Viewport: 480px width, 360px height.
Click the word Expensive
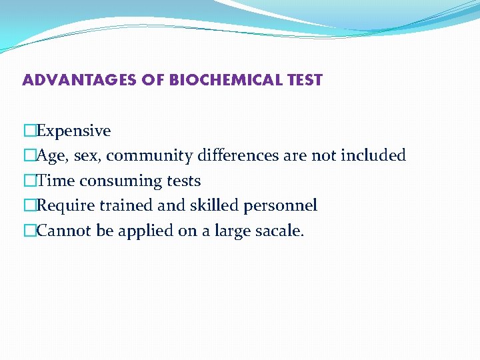pyautogui.click(x=73, y=131)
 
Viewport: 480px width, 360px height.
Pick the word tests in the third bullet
pyautogui.click(x=182, y=181)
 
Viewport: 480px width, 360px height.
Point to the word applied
pyautogui.click(x=137, y=231)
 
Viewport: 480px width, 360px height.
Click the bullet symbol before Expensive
pyautogui.click(x=29, y=131)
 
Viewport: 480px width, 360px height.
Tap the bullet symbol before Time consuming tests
pyautogui.click(x=29, y=181)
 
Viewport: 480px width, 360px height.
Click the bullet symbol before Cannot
pyautogui.click(x=29, y=231)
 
